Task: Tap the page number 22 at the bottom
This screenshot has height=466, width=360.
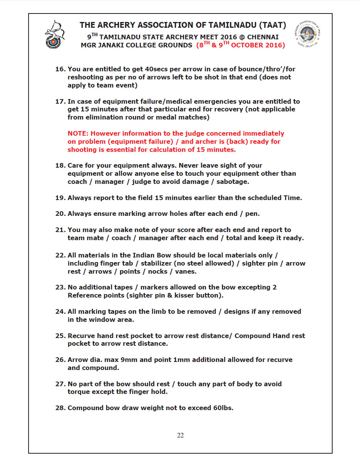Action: coord(180,435)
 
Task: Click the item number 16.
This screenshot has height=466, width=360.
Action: coord(60,69)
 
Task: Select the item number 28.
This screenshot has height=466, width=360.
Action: coord(60,407)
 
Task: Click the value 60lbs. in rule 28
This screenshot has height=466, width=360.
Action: coord(223,407)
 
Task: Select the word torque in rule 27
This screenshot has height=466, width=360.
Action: coord(79,392)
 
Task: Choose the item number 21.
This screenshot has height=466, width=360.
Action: coord(60,230)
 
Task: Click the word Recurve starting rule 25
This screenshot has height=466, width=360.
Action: coord(81,335)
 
